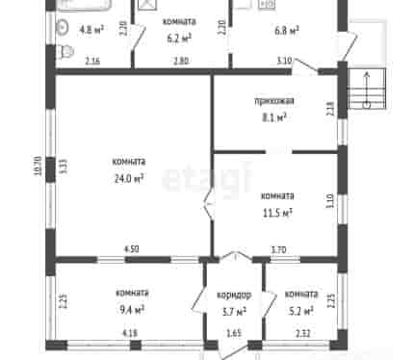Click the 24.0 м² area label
(x=129, y=178)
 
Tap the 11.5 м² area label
(x=277, y=213)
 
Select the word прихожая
(x=274, y=101)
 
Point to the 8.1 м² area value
(x=274, y=117)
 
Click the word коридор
(x=234, y=295)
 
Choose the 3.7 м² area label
(x=234, y=311)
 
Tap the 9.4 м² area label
(x=132, y=310)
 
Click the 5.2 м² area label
(x=300, y=311)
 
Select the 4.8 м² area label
(x=91, y=30)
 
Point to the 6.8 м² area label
(x=287, y=31)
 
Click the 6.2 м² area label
(x=179, y=39)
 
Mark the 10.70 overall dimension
(x=39, y=166)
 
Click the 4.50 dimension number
(x=132, y=249)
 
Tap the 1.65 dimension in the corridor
(x=234, y=333)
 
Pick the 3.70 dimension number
(x=279, y=249)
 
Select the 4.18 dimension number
(x=130, y=333)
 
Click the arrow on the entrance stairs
(x=367, y=90)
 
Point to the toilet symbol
(x=66, y=52)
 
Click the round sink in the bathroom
(x=63, y=28)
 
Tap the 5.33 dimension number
(x=64, y=167)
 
